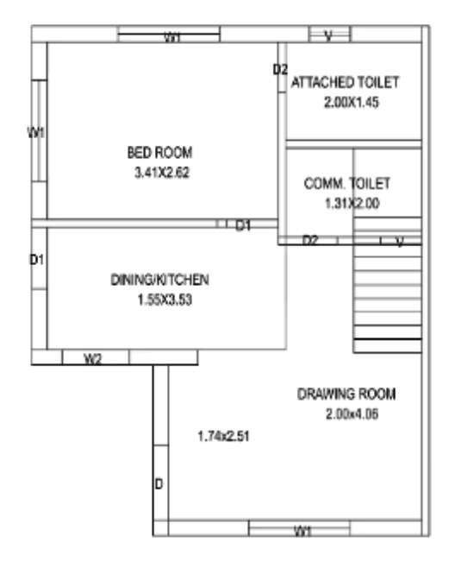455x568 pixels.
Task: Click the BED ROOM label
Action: point(160,153)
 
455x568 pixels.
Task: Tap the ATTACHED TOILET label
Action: point(345,83)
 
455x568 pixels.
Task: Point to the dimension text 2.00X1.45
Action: point(352,102)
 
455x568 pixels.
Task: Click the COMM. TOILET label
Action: point(347,184)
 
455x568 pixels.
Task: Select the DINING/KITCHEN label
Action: point(160,280)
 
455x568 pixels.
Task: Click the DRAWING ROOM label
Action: point(346,394)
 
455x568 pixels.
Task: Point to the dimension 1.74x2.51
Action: point(224,436)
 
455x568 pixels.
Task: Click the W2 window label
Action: point(93,359)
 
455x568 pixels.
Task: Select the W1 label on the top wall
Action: point(172,37)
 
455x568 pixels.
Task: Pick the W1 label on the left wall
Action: point(36,132)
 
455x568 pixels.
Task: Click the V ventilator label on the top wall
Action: point(328,35)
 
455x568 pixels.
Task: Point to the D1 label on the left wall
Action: point(37,259)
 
